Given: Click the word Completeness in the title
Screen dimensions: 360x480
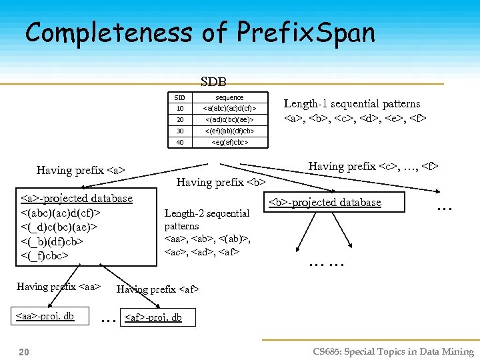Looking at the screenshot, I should [x=106, y=33].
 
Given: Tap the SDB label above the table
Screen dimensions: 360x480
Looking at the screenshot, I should [x=213, y=82].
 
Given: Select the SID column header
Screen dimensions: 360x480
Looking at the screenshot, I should [x=180, y=97].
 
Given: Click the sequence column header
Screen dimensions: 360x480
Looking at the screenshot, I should [x=229, y=97].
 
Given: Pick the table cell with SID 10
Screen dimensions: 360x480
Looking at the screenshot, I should [x=180, y=108].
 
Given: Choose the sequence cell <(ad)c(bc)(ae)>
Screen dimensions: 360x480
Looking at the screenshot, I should [x=229, y=119].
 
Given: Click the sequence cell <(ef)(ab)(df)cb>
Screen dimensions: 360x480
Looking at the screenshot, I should [x=229, y=131].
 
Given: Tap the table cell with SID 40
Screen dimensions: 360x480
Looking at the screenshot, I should [x=180, y=142].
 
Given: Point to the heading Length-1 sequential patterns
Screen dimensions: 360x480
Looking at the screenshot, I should [x=352, y=103].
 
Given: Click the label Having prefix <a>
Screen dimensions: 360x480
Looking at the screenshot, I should [x=81, y=170].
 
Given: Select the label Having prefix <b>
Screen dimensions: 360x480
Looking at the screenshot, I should [x=221, y=182].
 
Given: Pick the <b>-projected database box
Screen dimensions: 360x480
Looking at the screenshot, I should [x=325, y=202].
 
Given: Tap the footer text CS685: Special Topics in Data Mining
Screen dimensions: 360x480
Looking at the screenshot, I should [x=393, y=351].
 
